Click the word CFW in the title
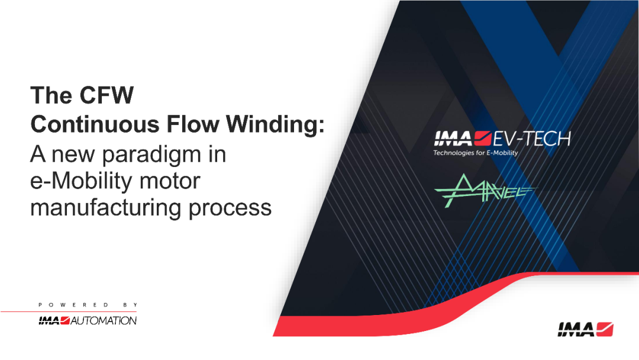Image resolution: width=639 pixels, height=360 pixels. [x=106, y=95]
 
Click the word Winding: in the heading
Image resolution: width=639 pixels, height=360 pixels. [x=276, y=124]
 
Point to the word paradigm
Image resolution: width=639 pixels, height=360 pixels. [x=164, y=155]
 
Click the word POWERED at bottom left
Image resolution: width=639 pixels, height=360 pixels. [x=73, y=305]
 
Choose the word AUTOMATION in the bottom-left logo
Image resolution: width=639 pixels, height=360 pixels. [x=104, y=321]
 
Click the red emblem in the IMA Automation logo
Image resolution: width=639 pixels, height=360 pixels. [x=65, y=320]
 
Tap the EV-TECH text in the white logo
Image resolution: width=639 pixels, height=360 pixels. [x=532, y=139]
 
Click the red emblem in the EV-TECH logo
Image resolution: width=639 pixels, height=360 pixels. [x=483, y=139]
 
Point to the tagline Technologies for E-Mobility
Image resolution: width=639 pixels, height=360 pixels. [x=476, y=153]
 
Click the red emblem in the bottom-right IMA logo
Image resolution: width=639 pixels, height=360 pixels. [x=605, y=329]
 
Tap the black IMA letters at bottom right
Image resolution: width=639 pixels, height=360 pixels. [x=576, y=329]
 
